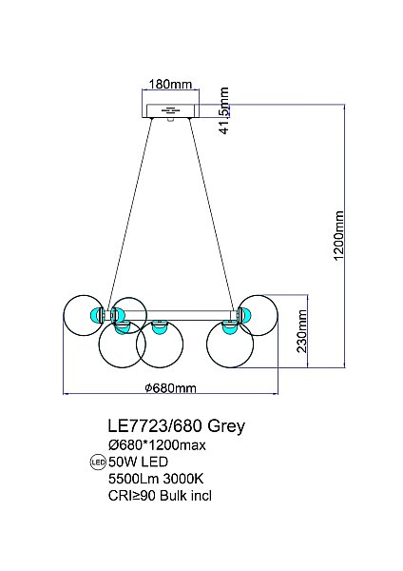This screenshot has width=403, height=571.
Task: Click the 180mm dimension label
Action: coord(170,84)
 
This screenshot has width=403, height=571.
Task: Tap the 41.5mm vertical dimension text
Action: coord(224,110)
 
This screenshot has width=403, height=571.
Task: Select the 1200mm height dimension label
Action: coord(338,235)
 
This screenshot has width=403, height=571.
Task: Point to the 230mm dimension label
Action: coord(302,331)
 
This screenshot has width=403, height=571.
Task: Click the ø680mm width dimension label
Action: coord(170,388)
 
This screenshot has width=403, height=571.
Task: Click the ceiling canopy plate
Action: coord(170,110)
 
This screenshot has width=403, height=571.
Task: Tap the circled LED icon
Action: coord(98,463)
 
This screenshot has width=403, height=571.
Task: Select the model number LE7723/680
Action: coord(155,425)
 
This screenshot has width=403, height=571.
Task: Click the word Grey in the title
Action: coord(226,426)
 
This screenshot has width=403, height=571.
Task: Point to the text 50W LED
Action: coord(138,462)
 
